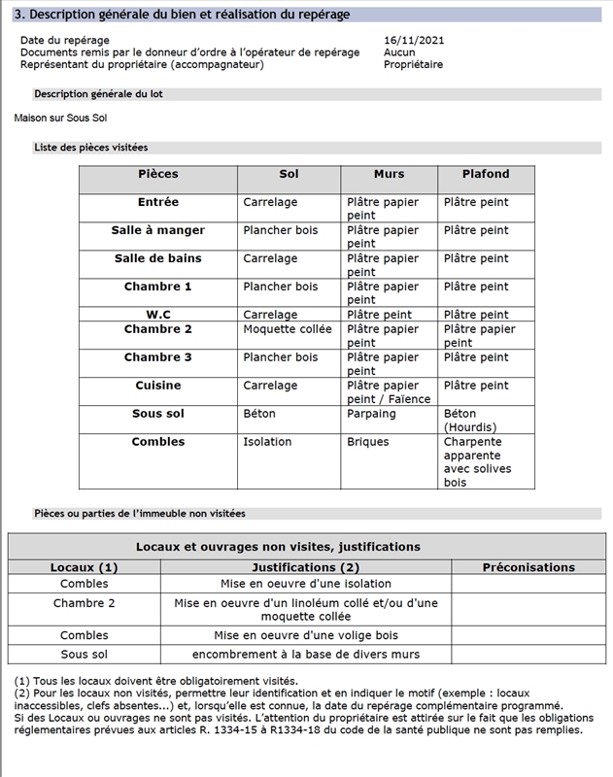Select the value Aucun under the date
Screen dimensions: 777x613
[399, 52]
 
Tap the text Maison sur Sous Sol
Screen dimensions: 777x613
[60, 118]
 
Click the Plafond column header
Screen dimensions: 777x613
[486, 174]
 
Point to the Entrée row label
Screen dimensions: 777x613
[158, 202]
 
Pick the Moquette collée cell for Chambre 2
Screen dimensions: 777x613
[288, 329]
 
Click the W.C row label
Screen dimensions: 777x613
[158, 315]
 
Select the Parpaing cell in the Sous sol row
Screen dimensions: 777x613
[371, 414]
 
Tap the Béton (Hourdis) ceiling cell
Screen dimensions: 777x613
[470, 421]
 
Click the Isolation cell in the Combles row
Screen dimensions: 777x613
[267, 442]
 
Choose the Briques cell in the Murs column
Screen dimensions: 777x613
[368, 442]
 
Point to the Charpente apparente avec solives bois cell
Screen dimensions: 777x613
[478, 461]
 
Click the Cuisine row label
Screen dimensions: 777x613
[158, 386]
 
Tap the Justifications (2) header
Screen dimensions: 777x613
[305, 567]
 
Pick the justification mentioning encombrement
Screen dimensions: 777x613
[305, 656]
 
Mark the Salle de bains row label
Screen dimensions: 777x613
[158, 258]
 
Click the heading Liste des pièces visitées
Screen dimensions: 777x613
[90, 148]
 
